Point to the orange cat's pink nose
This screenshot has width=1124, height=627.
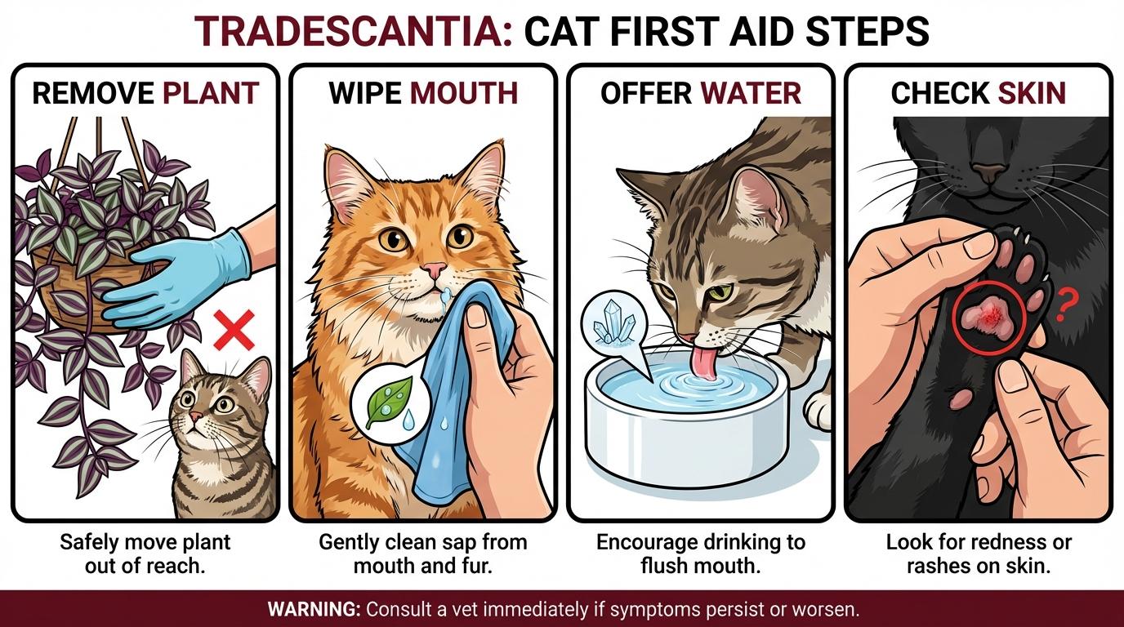435,269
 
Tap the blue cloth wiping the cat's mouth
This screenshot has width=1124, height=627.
453,384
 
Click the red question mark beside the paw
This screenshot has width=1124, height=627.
1064,310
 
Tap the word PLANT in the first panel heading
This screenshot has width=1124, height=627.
211,93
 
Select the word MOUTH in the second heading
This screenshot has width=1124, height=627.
464,93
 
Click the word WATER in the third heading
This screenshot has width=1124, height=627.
751,93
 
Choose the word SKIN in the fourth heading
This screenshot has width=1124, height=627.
1032,93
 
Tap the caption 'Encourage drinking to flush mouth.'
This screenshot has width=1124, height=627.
700,553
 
